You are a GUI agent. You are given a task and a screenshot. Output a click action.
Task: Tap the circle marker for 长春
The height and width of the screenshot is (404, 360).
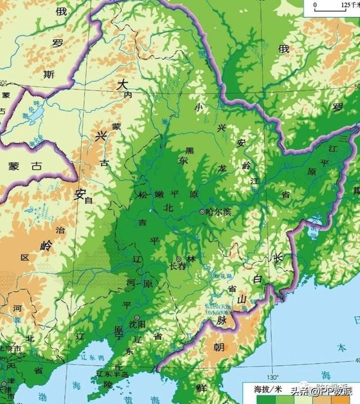coord(178,259)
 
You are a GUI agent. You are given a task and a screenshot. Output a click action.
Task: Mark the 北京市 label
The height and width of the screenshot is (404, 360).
coord(10,349)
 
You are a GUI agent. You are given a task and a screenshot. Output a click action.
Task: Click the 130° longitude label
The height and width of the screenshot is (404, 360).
coord(273,376)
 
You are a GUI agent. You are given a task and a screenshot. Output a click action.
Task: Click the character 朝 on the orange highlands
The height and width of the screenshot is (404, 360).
coord(219,347)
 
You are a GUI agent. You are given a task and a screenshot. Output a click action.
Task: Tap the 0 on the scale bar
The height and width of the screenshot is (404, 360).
coord(315,4)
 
